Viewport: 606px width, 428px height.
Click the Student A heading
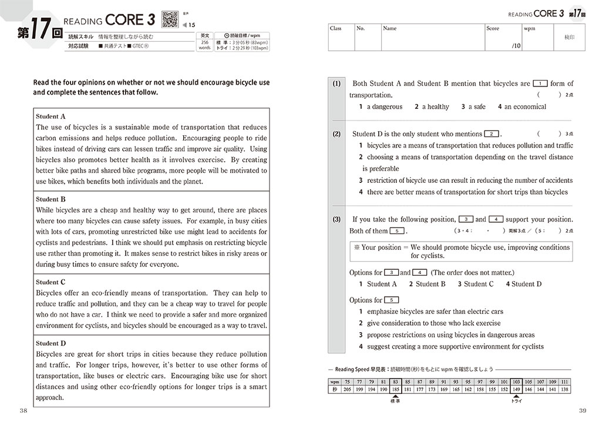(x=51, y=116)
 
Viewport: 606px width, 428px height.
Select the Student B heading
(x=51, y=199)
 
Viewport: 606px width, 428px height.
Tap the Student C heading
(x=51, y=282)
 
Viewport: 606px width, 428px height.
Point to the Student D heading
(x=51, y=343)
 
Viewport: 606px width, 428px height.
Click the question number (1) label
(x=336, y=83)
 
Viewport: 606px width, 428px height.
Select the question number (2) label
(x=336, y=134)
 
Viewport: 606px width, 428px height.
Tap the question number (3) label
(x=336, y=219)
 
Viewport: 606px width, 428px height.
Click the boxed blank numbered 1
(x=540, y=83)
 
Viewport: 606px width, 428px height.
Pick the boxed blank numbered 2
(x=492, y=134)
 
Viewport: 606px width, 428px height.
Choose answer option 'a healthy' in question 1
(x=432, y=107)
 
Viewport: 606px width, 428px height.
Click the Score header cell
(x=493, y=28)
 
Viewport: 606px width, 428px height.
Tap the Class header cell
(x=336, y=28)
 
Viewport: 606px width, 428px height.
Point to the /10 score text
(x=516, y=45)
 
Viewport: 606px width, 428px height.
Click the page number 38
(x=23, y=410)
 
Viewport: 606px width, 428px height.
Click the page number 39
(x=583, y=410)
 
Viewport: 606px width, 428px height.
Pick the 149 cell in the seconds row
(x=516, y=389)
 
